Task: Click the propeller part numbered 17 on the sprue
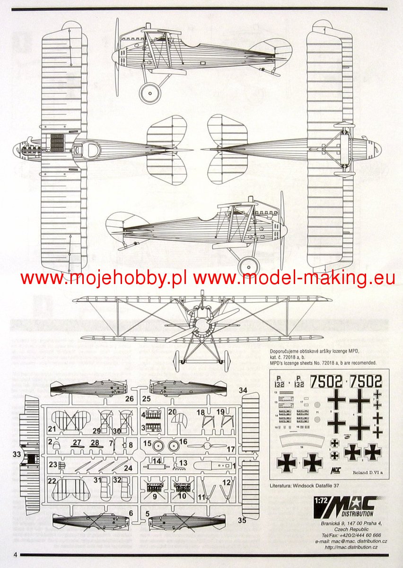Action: [208, 446]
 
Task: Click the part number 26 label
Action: [129, 399]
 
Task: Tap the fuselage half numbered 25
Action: [187, 388]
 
